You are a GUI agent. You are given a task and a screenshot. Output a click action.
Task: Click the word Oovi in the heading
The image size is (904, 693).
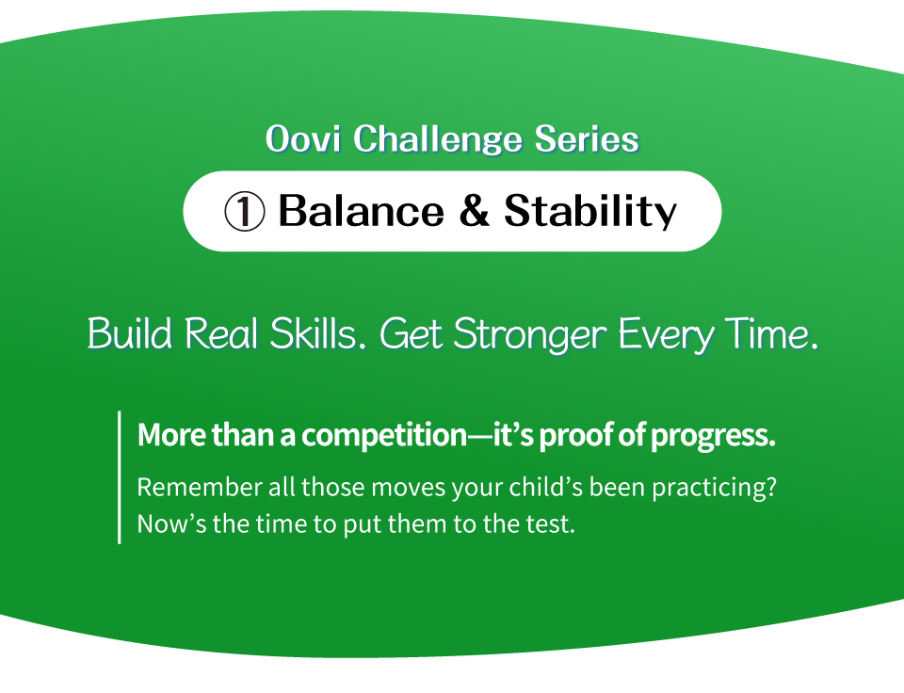(x=302, y=139)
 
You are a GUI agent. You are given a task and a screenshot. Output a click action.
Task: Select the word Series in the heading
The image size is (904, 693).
(x=587, y=139)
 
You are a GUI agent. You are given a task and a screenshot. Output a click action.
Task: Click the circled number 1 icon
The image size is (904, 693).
(x=245, y=212)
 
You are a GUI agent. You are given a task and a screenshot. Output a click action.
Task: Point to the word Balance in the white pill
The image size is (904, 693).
(x=362, y=210)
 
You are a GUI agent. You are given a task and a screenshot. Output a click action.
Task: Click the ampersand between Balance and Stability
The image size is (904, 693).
(x=475, y=210)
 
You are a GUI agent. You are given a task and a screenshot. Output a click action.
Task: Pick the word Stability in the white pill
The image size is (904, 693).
(x=590, y=212)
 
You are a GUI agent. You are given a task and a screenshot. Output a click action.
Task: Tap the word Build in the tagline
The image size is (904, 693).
(x=130, y=333)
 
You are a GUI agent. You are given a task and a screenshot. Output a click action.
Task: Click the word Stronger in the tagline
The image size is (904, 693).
(x=530, y=335)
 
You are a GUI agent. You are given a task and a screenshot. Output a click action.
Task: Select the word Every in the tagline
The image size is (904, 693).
(x=666, y=335)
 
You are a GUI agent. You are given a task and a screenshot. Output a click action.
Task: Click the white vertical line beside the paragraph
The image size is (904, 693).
(x=120, y=476)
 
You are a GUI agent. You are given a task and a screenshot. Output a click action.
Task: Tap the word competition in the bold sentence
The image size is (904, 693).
(x=384, y=436)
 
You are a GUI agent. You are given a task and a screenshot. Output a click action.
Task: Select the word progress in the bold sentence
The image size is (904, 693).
(x=713, y=437)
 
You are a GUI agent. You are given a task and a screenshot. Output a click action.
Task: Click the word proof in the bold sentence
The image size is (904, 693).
(x=576, y=437)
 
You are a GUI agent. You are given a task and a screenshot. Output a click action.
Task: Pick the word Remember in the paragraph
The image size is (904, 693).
(x=200, y=487)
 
